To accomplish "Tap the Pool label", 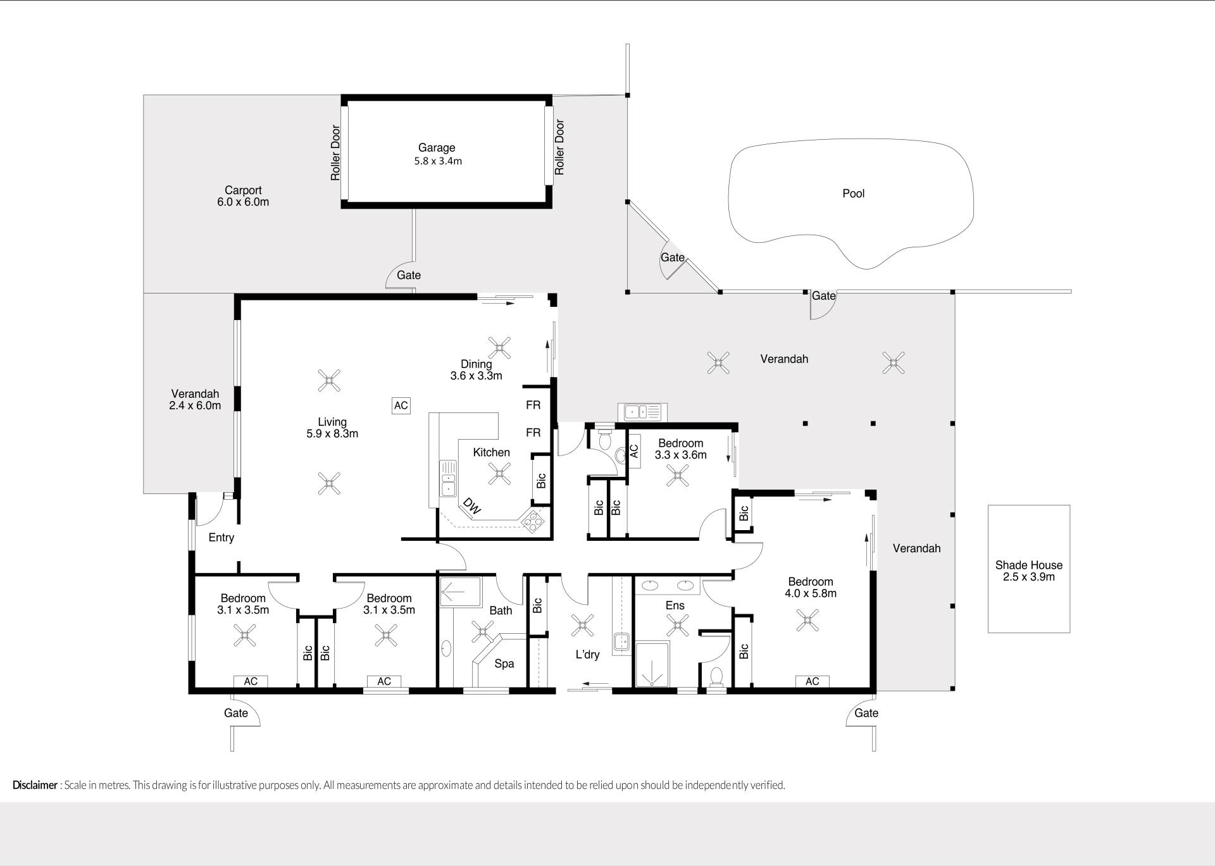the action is pos(853,194).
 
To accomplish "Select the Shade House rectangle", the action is pos(1029,569).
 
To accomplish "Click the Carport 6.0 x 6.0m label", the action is pos(243,196).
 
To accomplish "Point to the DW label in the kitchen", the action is pos(472,505).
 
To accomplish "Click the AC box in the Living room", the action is pos(401,405).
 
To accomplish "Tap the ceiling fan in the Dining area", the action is pos(499,347).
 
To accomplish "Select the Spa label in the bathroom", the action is pos(504,664).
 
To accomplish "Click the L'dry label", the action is pos(587,655).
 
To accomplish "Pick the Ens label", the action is pos(675,605).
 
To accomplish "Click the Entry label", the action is pos(221,538).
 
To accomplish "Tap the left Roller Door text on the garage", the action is pos(335,152).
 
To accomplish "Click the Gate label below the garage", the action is pos(409,275).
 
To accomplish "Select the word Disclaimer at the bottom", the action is pos(35,785).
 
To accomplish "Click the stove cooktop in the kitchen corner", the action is pos(533,520).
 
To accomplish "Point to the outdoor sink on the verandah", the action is pos(642,412).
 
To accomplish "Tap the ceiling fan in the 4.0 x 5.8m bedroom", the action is pos(807,621).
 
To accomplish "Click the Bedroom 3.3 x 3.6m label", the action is pos(680,449).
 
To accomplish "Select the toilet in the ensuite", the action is pos(716,676).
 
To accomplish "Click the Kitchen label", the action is pos(492,452).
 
